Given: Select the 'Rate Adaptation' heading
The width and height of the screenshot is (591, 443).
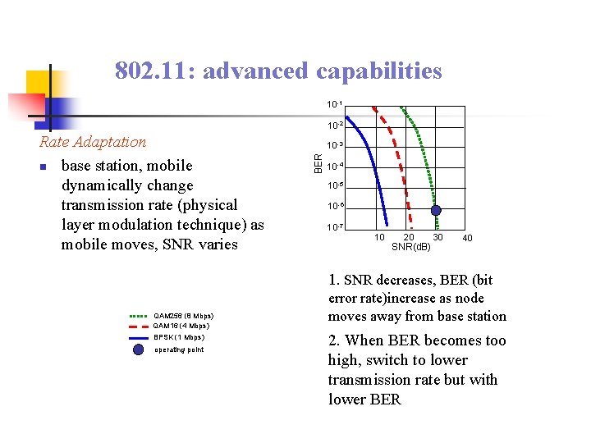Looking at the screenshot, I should coord(93,142).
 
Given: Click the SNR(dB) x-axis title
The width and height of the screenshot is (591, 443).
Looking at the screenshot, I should coord(410,247).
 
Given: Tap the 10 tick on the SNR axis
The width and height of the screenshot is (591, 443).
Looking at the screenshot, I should coord(379,238).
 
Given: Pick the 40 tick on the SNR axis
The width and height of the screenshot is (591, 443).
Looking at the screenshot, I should coord(467,238).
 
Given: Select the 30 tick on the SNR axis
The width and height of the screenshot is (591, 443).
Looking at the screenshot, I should coord(438,238).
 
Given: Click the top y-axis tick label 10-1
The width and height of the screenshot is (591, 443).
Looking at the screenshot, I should coord(334,105).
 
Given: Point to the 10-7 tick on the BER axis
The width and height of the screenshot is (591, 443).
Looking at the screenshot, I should coord(334,227).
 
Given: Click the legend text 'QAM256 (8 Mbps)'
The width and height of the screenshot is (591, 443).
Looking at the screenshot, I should coord(184,315).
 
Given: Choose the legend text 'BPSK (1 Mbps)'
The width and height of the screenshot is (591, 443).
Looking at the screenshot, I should coord(179,337).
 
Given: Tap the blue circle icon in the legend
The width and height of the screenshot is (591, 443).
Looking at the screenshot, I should coord(138,349).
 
